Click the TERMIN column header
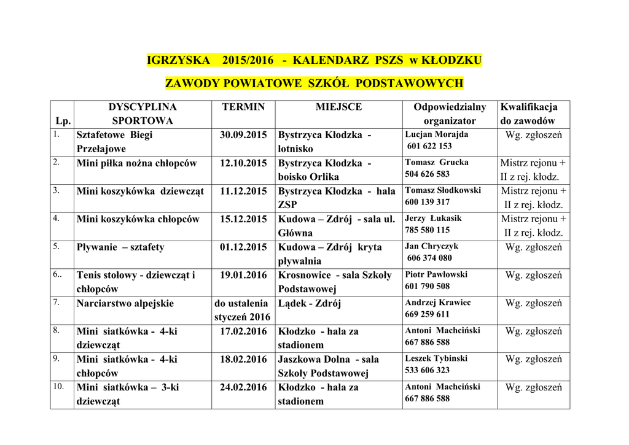point(243,107)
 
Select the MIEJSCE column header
point(338,107)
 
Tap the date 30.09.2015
point(243,134)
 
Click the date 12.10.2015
point(243,163)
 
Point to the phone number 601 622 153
point(429,146)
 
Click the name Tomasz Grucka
point(437,163)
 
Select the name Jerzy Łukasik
point(433,219)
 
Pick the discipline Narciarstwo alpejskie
point(125,303)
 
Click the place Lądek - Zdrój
point(309,303)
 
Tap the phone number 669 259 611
point(428,314)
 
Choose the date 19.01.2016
point(243,275)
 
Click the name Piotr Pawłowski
point(436,275)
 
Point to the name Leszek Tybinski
point(436,358)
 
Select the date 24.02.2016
point(243,387)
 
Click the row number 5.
point(56,246)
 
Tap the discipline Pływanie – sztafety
point(120,247)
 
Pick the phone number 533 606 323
point(428,370)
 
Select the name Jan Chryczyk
point(432,247)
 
